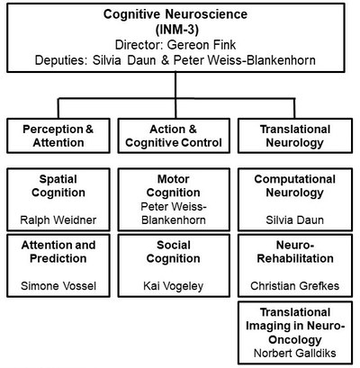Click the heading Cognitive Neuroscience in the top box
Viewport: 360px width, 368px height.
[x=175, y=14]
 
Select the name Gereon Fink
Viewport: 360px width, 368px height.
[x=202, y=45]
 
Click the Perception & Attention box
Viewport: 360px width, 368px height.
[x=58, y=136]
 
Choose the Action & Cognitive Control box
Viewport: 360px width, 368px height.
[x=174, y=136]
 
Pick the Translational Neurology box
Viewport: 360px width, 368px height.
[x=295, y=136]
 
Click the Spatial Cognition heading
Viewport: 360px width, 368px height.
[x=58, y=185]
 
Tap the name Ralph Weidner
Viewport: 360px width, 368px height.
[x=58, y=220]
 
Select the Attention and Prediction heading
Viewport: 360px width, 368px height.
[x=58, y=252]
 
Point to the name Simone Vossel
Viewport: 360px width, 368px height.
[x=58, y=286]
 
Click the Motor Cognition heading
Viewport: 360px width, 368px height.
[x=174, y=185]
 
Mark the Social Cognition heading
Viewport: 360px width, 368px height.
[x=174, y=252]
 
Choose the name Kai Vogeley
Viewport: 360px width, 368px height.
[x=174, y=286]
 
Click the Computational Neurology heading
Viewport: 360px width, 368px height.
[x=295, y=186]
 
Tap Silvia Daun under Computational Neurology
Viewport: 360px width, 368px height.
[x=295, y=220]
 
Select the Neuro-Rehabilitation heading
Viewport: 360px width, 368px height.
[x=295, y=252]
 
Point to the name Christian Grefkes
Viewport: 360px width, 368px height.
[x=295, y=286]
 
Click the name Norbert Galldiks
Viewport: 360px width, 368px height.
[x=295, y=353]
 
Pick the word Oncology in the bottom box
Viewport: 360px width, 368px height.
[x=295, y=340]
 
